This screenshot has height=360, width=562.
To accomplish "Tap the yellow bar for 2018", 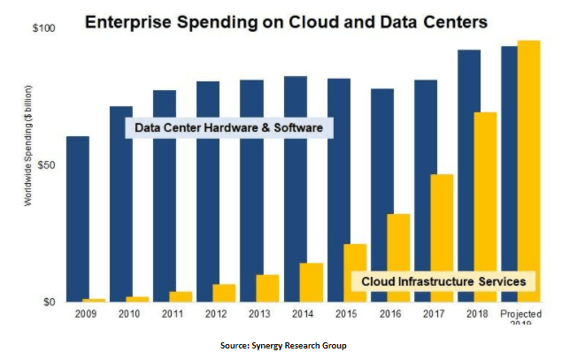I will [485, 207].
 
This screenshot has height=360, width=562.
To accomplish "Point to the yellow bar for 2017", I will [442, 238].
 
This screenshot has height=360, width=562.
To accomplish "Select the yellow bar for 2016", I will [398, 257].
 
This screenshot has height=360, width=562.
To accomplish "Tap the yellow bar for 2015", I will [355, 272].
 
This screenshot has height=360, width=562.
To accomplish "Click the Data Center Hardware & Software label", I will [227, 129].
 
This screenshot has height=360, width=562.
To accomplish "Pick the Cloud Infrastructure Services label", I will [443, 281].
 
